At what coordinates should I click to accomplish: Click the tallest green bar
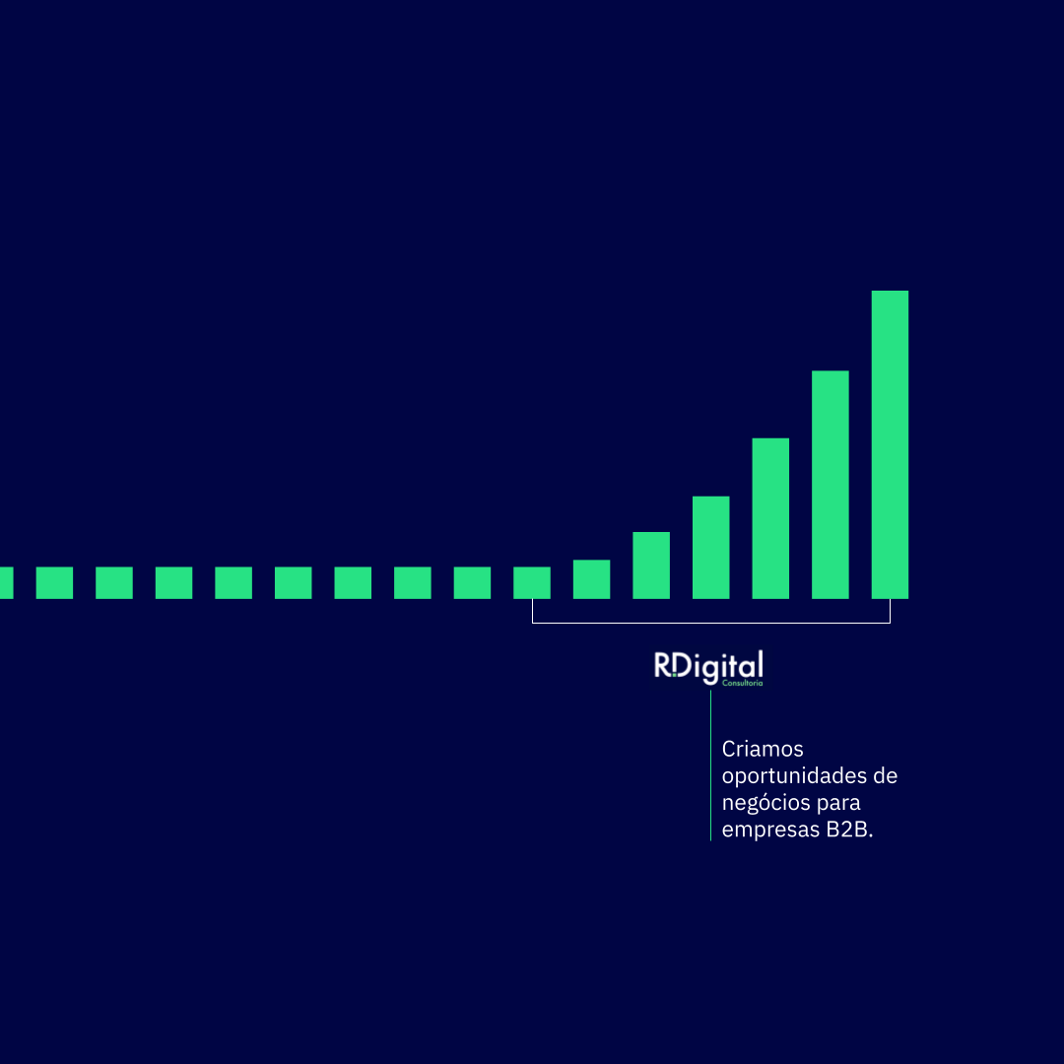[890, 444]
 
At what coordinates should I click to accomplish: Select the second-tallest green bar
[830, 485]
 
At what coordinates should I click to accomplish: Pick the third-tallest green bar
[770, 518]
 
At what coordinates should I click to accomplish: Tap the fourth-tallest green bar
[710, 548]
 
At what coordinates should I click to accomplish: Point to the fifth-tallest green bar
[651, 565]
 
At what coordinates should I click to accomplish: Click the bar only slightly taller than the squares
[591, 579]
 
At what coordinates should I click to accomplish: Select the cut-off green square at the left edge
[6, 583]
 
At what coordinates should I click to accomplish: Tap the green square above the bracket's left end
[531, 583]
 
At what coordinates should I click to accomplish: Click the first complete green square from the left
[54, 583]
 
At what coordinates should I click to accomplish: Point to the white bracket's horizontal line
[711, 623]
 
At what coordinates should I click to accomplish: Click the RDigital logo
[708, 668]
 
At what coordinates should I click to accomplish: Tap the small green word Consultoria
[743, 684]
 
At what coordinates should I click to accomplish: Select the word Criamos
[762, 749]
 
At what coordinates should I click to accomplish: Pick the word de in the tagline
[885, 775]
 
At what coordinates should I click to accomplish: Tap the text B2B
[849, 830]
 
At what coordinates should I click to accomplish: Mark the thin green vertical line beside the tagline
[710, 766]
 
